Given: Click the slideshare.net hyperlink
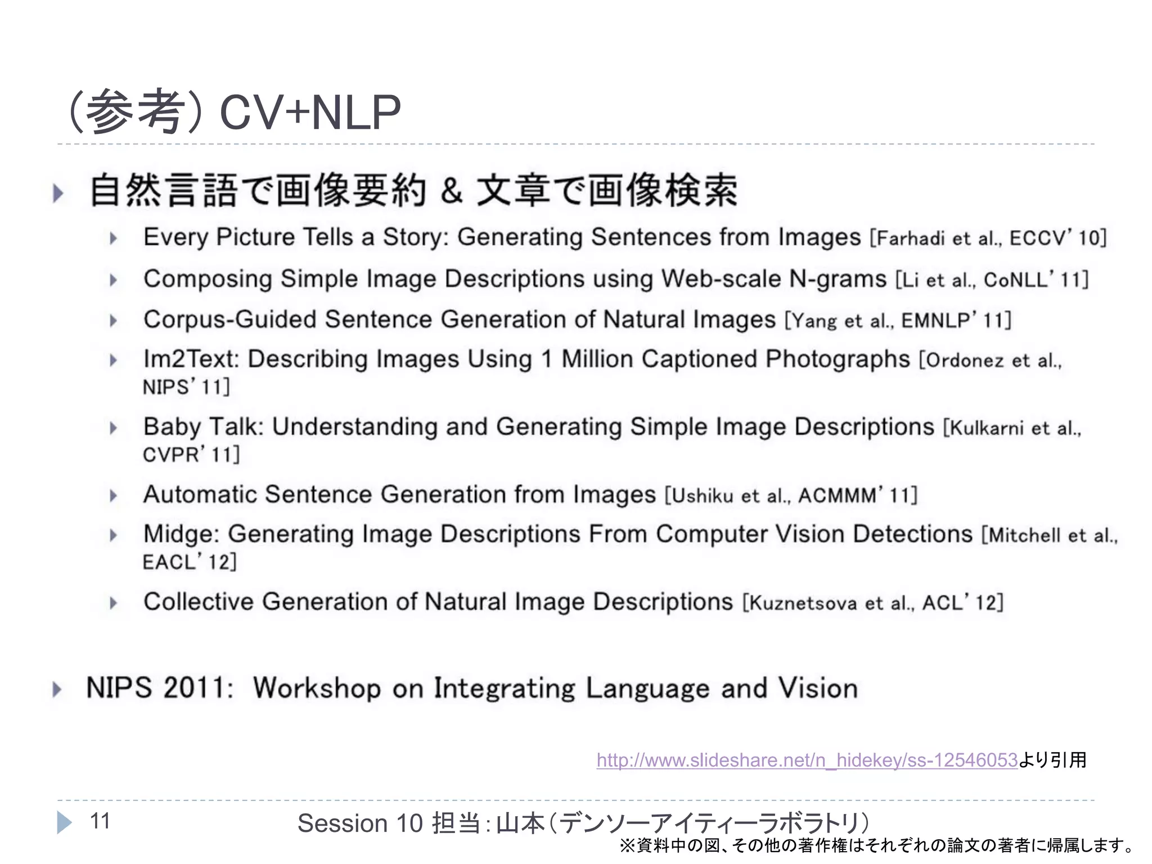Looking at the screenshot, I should pyautogui.click(x=807, y=760).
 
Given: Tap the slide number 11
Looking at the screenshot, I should pyautogui.click(x=100, y=821).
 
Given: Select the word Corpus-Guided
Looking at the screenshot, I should pyautogui.click(x=229, y=319).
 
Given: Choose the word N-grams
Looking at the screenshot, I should pyautogui.click(x=838, y=279).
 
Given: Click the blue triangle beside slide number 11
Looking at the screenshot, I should pyautogui.click(x=64, y=822).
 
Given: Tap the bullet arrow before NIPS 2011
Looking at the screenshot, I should pyautogui.click(x=57, y=689).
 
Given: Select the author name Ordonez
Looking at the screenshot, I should pyautogui.click(x=965, y=361).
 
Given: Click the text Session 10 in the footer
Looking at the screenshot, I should pyautogui.click(x=359, y=823).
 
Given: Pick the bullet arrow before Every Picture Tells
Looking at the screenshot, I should pyautogui.click(x=114, y=238).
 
